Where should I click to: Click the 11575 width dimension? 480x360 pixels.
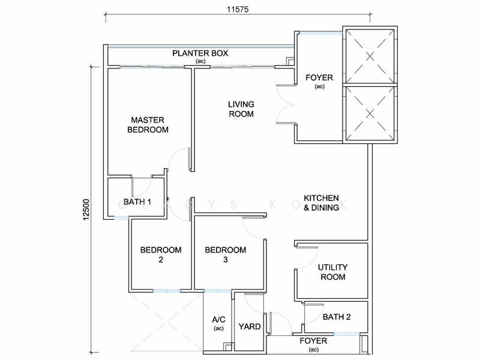[x=239, y=10]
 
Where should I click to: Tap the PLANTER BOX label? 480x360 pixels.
[x=200, y=54]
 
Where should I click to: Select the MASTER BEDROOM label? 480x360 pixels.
[x=148, y=124]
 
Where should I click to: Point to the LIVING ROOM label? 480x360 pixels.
[x=241, y=109]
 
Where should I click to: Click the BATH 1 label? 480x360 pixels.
[x=136, y=202]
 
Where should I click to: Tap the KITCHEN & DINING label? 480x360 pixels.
[x=321, y=203]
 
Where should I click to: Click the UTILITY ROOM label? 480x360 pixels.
[x=332, y=272]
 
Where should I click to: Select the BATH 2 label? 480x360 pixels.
[x=336, y=317]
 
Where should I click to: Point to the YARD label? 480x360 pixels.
[x=249, y=327]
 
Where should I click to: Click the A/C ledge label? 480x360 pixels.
[x=218, y=323]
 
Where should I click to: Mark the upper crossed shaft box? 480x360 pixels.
[x=369, y=55]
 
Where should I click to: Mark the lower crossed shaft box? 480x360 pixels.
[x=369, y=113]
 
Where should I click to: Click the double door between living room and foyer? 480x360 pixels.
[x=285, y=104]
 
